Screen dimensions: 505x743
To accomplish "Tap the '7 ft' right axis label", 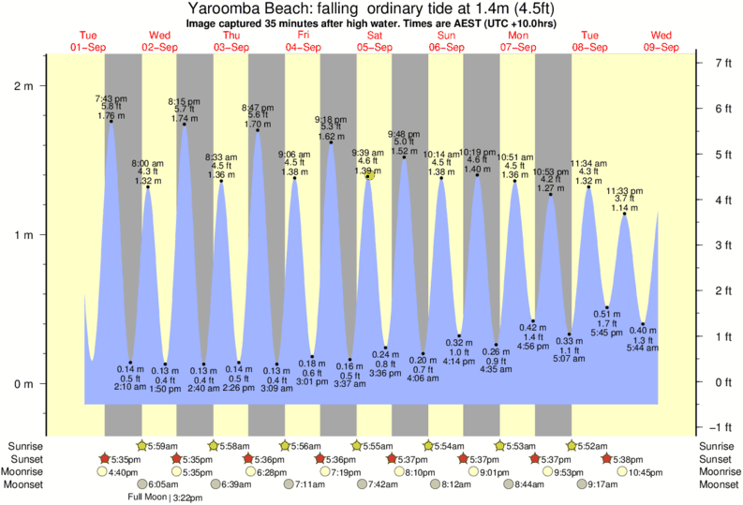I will (x=722, y=63).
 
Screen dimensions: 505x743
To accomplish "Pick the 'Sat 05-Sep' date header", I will (x=375, y=41).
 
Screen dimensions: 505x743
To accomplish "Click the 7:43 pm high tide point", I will (x=111, y=121).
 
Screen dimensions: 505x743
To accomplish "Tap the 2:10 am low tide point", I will (x=130, y=363).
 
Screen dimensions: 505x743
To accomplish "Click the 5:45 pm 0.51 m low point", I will (x=607, y=307).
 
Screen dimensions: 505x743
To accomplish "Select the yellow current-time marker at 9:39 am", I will (x=371, y=175).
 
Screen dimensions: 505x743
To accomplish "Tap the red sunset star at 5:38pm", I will (x=607, y=458).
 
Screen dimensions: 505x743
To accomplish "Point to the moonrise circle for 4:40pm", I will (x=102, y=471).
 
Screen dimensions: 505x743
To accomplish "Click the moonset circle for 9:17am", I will (x=583, y=484).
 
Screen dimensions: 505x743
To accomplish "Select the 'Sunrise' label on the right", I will (x=716, y=445).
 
